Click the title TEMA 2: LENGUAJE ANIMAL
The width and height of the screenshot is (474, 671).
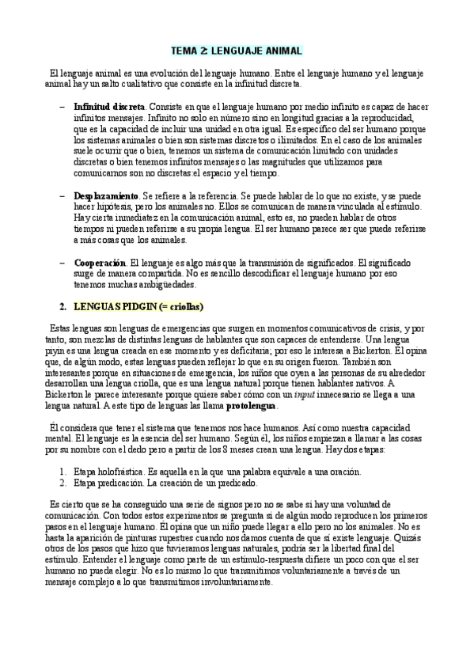point(237,51)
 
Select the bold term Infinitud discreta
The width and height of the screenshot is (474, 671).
point(109,106)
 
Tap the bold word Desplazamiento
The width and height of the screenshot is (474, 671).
point(106,195)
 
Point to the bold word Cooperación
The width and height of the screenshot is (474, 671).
point(100,262)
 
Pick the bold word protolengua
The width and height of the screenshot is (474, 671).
point(252,406)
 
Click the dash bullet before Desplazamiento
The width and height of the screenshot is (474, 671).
point(63,195)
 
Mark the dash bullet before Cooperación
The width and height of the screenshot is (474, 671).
point(63,262)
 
